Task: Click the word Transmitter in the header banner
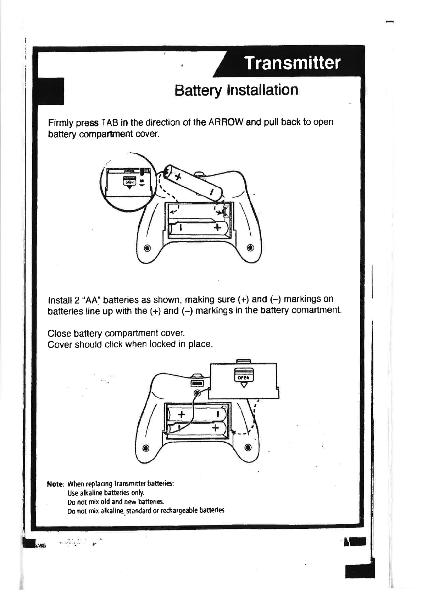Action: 292,63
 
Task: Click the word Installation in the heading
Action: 262,90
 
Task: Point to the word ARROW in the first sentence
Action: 226,123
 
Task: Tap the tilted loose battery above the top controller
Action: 194,182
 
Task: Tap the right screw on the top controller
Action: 250,248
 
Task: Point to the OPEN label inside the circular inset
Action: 129,182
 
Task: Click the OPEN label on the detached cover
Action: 244,378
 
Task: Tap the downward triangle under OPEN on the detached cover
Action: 244,385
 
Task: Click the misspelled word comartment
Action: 318,310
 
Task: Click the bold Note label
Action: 55,484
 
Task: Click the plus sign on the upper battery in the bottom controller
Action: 181,414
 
